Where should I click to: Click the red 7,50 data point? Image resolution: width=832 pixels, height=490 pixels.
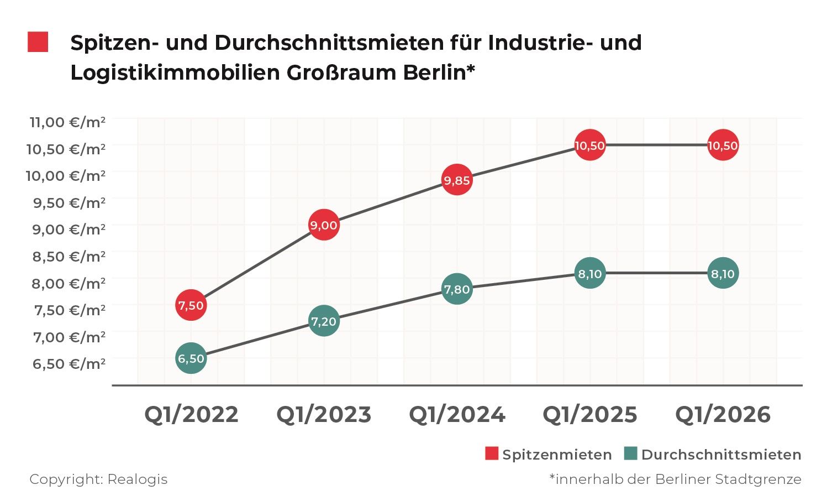pos(191,305)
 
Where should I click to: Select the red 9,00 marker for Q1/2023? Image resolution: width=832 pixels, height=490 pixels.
pos(324,225)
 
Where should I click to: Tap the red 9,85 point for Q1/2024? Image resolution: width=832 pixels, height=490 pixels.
pos(457,180)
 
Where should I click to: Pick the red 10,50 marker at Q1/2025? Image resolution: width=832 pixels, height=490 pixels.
pos(590,145)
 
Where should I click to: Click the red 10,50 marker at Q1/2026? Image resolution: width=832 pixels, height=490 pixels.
pos(723,145)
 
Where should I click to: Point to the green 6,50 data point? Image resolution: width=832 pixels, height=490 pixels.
pos(191,358)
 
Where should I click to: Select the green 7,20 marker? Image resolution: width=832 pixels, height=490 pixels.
pos(324,321)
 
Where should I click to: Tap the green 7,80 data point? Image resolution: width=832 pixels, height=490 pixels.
pos(457,289)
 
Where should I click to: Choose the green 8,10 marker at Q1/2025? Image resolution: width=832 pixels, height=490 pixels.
pos(590,273)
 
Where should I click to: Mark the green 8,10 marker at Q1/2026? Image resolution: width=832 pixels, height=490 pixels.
pos(723,273)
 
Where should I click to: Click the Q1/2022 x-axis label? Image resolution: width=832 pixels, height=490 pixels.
pos(191,414)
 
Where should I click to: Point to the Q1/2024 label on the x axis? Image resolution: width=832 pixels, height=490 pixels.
pos(457,414)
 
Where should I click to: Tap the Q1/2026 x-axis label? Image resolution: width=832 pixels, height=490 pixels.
pos(723,414)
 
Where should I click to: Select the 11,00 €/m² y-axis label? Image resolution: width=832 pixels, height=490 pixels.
pos(67,122)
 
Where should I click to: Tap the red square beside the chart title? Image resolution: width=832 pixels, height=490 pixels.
pos(38,43)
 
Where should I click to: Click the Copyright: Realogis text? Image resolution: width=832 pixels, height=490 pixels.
pos(98,479)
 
